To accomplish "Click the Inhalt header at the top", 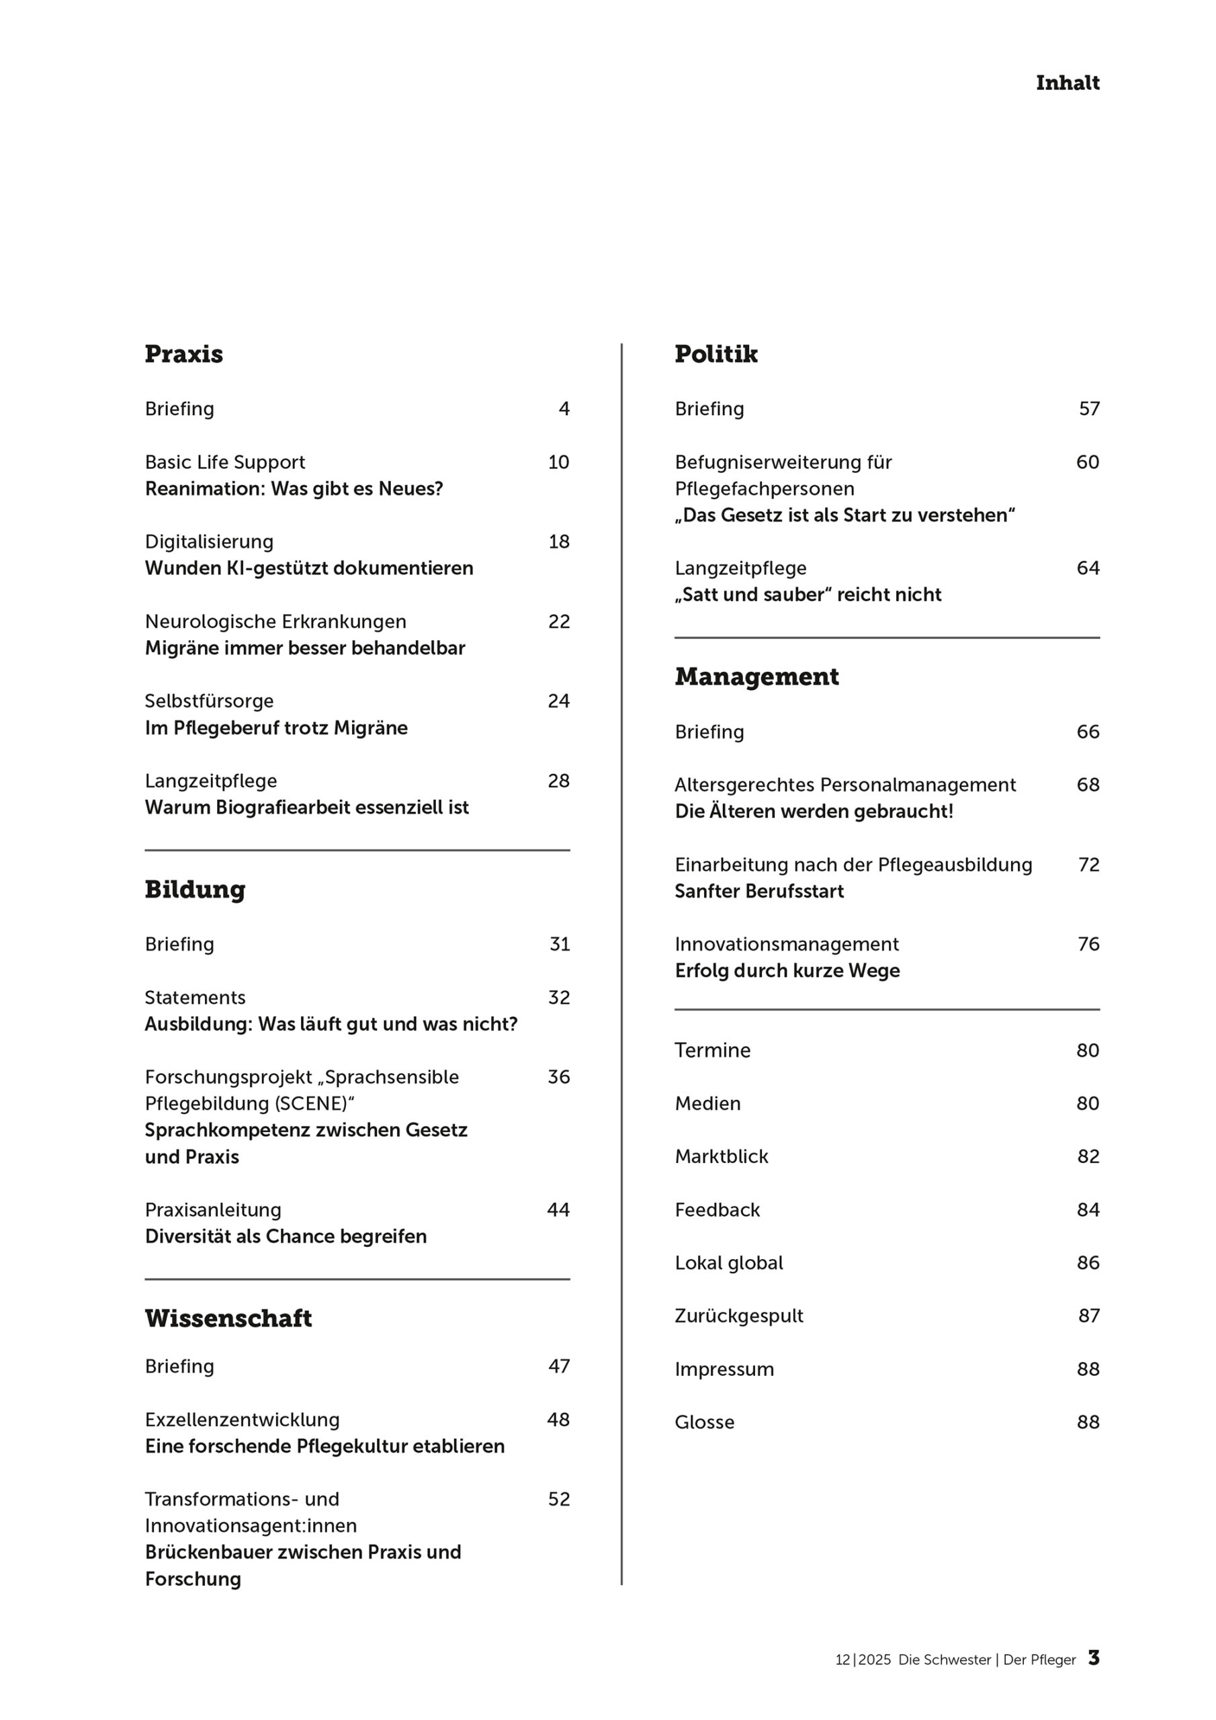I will [1067, 83].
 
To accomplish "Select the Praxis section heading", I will [183, 353].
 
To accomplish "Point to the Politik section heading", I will [715, 353].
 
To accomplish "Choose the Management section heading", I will [756, 677].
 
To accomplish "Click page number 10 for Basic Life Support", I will [558, 462].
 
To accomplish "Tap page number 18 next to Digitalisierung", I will [558, 542].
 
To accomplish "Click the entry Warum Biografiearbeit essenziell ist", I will [306, 808].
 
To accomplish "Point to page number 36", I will [558, 1076].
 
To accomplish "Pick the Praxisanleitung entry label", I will [213, 1210].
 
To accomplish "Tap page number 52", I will [558, 1499].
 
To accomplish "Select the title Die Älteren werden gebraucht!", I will [814, 812].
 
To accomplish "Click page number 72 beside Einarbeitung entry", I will [1088, 865].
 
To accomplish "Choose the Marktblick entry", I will [721, 1157].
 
